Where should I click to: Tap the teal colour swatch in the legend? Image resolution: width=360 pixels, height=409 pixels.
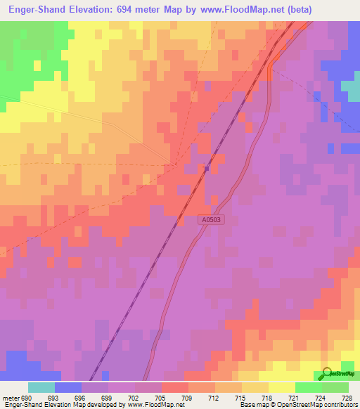[41, 387]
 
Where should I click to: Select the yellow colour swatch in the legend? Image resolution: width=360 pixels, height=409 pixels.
[281, 387]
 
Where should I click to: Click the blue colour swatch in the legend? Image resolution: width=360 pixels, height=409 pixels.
[68, 387]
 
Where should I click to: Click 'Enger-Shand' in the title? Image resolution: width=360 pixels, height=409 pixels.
[36, 9]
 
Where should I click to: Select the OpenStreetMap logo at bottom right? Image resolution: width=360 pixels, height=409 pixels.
[337, 373]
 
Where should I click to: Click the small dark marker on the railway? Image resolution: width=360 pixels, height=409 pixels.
[207, 168]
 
